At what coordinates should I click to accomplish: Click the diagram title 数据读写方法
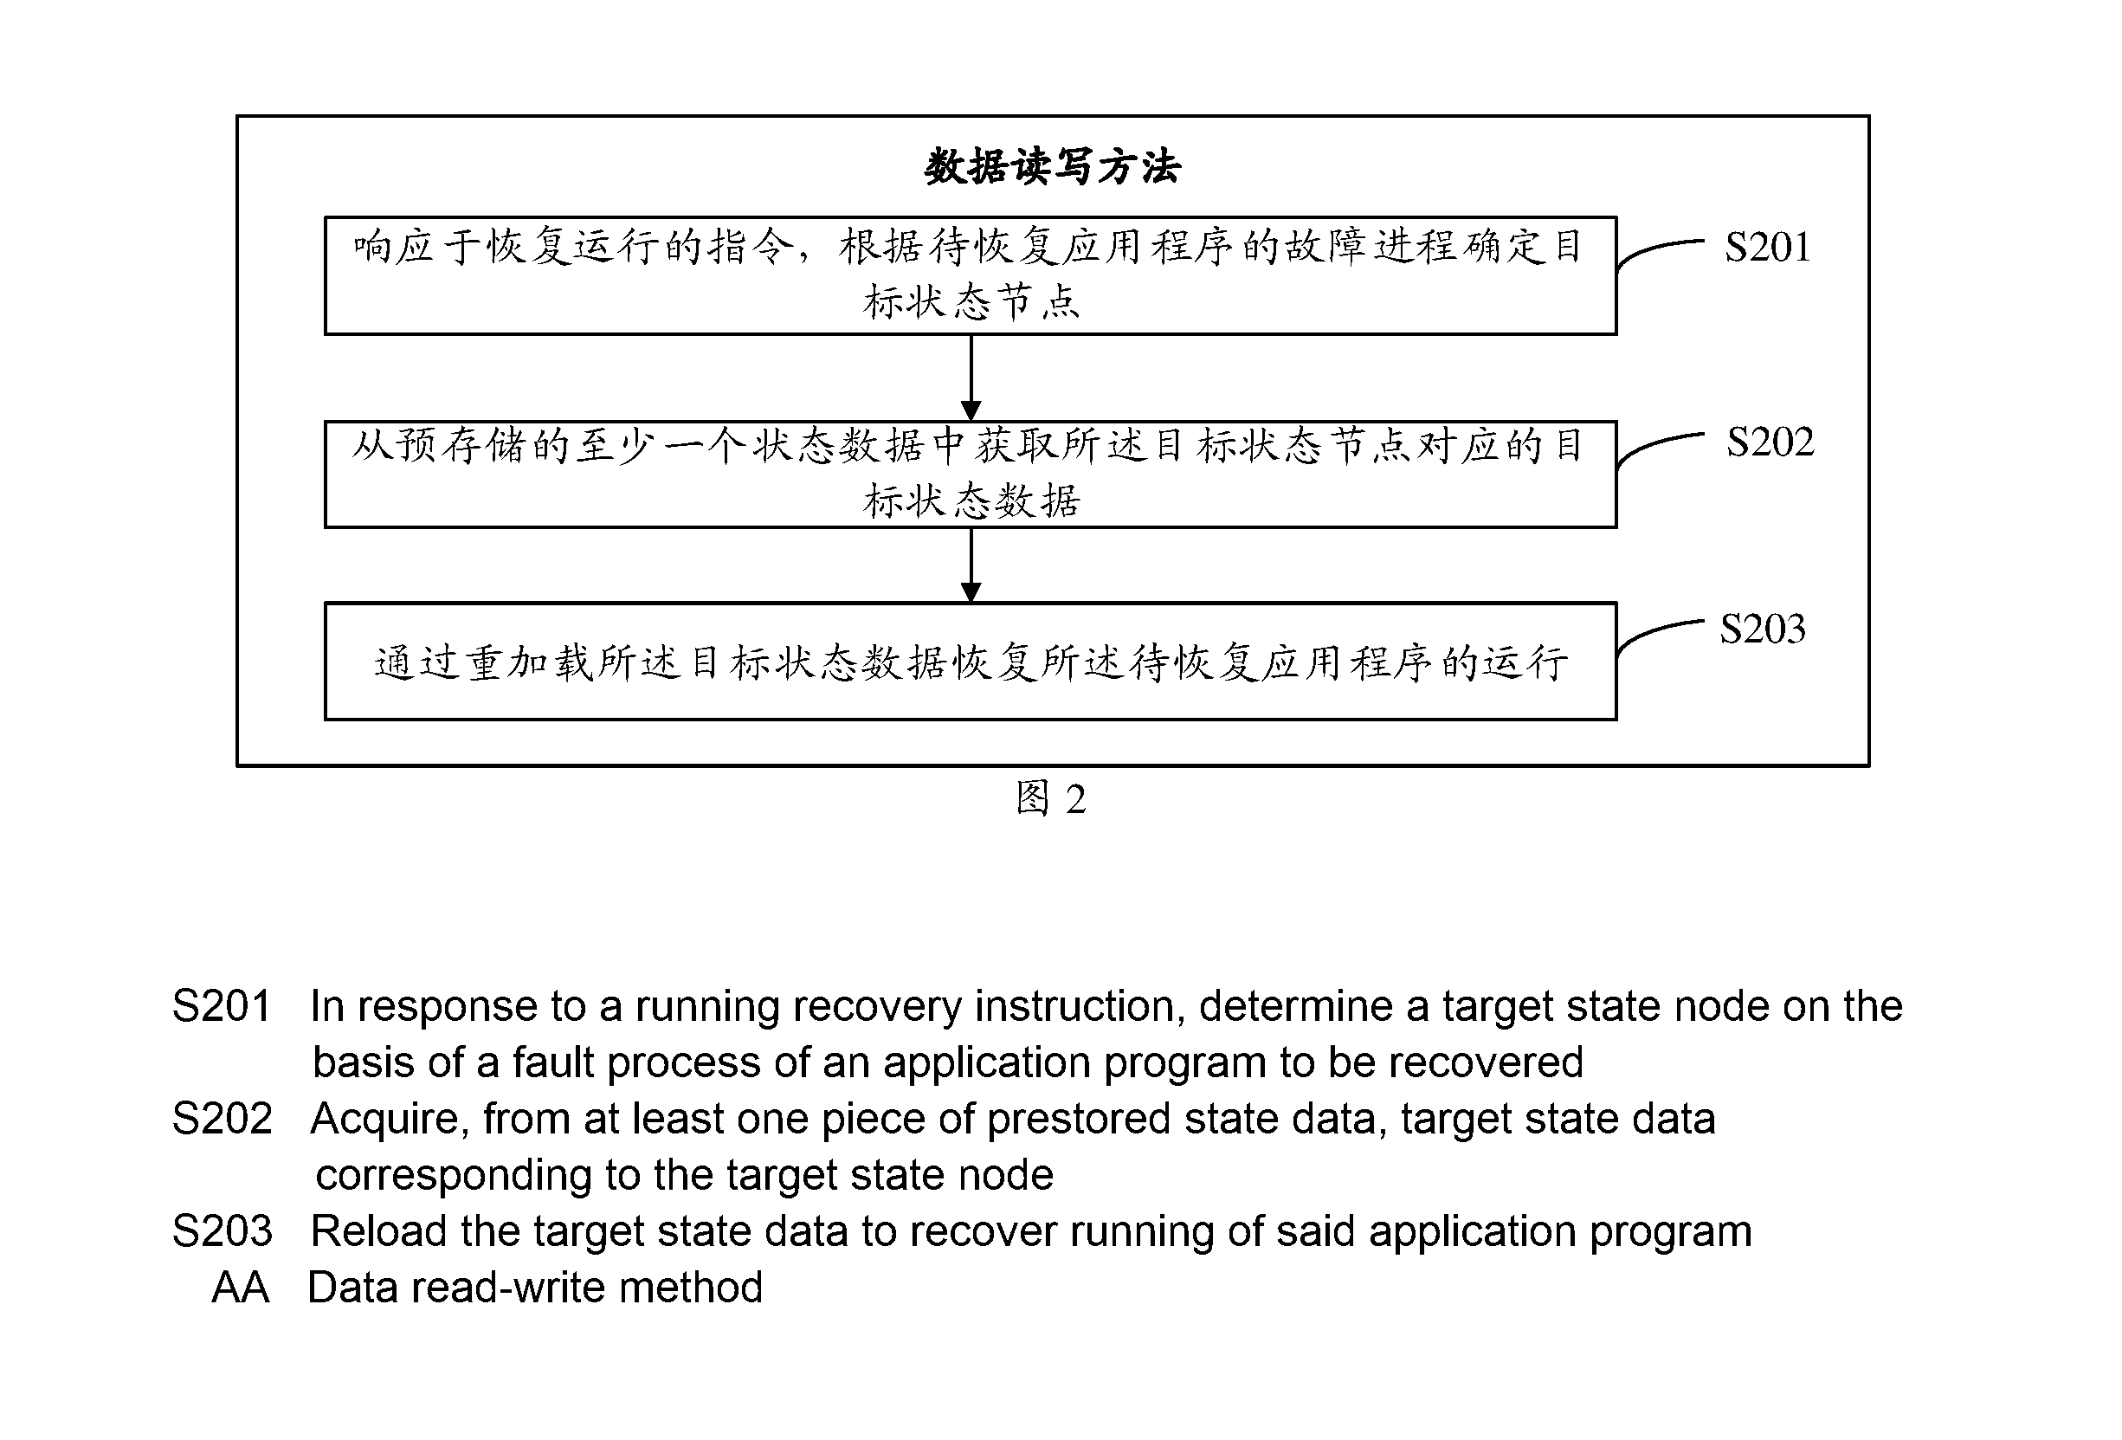[1052, 167]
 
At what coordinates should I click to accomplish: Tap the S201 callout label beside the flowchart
[1767, 247]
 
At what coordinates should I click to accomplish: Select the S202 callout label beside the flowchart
[1770, 442]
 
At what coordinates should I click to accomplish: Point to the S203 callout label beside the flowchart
[1762, 630]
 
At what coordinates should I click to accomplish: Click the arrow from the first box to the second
[971, 378]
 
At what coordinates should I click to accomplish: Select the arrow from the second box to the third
[971, 565]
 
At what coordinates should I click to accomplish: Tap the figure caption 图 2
[1051, 799]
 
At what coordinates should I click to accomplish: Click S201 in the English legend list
[222, 1006]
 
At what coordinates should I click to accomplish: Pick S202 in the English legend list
[222, 1119]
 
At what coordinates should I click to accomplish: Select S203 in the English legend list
[222, 1231]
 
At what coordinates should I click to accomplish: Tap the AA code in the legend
[240, 1288]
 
